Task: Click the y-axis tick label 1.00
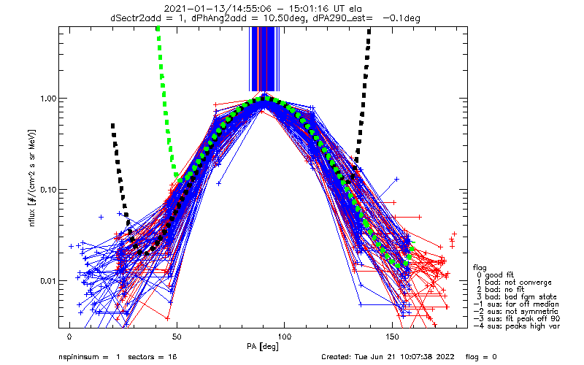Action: click(48, 99)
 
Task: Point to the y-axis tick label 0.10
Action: click(48, 190)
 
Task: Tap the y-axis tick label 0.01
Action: click(48, 281)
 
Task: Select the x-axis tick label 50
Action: click(177, 337)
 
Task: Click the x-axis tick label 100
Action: click(285, 337)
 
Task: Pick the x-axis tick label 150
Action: click(392, 337)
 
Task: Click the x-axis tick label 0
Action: click(69, 337)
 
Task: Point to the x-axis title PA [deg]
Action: click(263, 347)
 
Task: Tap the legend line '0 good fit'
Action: click(495, 275)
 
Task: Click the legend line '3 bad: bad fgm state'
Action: click(516, 297)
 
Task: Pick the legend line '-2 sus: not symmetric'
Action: click(516, 312)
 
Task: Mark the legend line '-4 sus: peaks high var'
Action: click(517, 326)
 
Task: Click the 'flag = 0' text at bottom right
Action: click(481, 357)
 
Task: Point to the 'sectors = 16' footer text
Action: click(153, 357)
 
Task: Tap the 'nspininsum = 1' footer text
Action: click(89, 357)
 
